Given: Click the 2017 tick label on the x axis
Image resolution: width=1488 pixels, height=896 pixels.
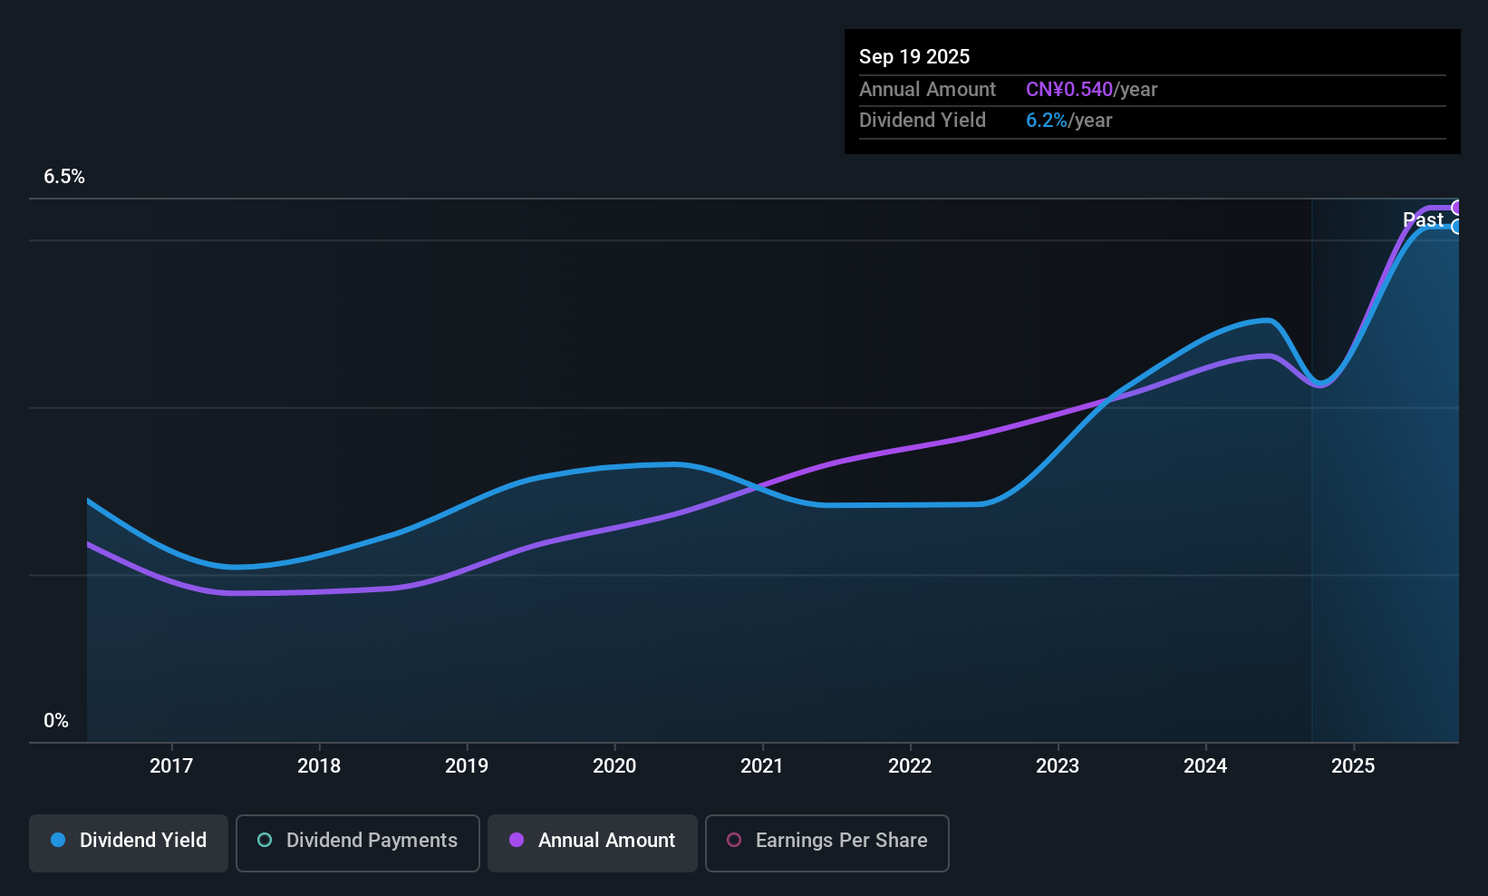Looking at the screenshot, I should [171, 766].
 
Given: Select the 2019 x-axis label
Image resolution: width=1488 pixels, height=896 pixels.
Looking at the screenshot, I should [467, 766].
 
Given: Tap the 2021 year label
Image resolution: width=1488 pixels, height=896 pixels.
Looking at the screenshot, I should [761, 766].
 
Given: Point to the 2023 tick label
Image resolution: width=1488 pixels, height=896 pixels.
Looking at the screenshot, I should [1058, 766].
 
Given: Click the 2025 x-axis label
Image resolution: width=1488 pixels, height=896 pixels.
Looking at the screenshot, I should [1353, 766].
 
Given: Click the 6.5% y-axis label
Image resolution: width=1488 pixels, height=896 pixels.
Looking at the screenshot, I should [64, 177].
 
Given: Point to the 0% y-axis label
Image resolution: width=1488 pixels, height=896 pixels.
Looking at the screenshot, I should [56, 721].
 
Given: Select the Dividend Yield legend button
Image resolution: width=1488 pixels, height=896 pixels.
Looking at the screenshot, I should [129, 841].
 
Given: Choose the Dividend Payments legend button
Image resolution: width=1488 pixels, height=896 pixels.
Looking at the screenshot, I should [358, 841].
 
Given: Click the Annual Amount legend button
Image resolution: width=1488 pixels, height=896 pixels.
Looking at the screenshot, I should [593, 841].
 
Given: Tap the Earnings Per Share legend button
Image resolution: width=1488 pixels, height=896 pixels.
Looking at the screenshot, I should [827, 841].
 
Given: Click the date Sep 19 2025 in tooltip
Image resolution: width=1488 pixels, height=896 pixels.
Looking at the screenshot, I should [914, 57].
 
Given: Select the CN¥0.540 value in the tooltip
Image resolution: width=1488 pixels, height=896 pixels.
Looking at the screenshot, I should [1069, 90].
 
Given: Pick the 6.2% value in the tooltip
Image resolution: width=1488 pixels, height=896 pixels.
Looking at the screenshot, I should [1047, 121].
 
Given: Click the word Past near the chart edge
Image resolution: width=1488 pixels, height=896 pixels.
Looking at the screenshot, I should [1423, 219].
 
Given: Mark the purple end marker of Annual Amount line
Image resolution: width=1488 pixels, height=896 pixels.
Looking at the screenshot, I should [1456, 208].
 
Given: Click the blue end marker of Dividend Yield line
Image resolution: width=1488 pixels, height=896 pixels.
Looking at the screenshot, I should [1456, 227].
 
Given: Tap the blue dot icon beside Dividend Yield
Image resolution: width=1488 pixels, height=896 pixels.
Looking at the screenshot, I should [58, 841].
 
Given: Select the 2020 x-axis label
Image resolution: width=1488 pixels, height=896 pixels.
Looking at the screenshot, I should [614, 766].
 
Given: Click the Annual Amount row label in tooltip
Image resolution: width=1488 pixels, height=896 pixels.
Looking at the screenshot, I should [927, 90].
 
